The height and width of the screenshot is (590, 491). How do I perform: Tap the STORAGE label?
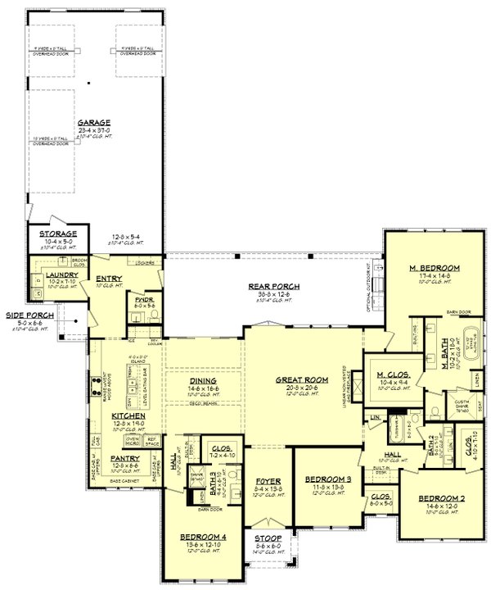pyautogui.click(x=56, y=234)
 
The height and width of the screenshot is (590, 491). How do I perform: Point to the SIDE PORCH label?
pyautogui.click(x=26, y=314)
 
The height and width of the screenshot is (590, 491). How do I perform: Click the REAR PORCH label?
pyautogui.click(x=272, y=286)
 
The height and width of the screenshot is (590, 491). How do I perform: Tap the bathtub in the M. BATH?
pyautogui.click(x=474, y=342)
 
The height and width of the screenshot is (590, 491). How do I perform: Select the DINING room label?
pyautogui.click(x=202, y=381)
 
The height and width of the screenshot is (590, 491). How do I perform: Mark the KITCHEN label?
pyautogui.click(x=128, y=415)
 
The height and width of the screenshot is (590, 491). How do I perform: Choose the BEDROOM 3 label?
pyautogui.click(x=328, y=479)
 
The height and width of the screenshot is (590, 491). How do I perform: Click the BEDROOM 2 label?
pyautogui.click(x=443, y=498)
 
